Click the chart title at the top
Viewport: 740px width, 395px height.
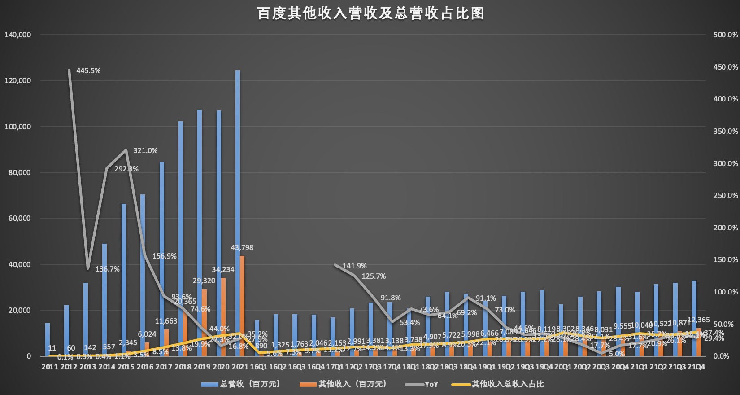tap(370, 13)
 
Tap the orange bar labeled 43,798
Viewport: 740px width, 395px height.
tap(242, 306)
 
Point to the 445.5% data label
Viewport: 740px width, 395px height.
tap(88, 70)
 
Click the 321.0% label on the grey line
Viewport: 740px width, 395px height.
tap(145, 151)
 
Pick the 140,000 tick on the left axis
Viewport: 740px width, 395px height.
tap(17, 35)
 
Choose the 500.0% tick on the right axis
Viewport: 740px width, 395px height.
tap(725, 35)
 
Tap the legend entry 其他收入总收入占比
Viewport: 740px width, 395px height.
tap(507, 384)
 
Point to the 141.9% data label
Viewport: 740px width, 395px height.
tap(354, 266)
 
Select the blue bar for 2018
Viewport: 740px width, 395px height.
tap(181, 238)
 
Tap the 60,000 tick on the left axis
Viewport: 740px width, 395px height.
tap(19, 219)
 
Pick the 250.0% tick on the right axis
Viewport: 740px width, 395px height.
tap(725, 195)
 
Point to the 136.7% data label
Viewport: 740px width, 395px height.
tap(108, 269)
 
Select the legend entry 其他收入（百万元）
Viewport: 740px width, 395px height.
tap(352, 384)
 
